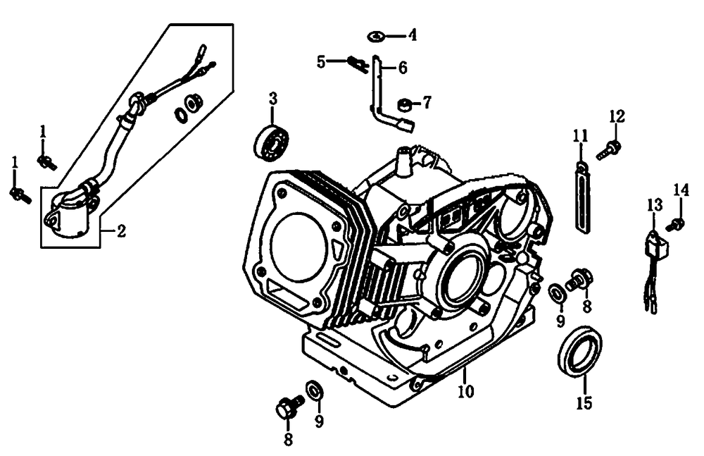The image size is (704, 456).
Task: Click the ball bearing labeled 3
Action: (272, 140)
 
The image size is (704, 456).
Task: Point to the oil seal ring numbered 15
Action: (579, 350)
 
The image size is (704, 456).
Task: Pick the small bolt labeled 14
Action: (678, 224)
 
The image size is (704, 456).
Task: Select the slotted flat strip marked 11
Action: (582, 197)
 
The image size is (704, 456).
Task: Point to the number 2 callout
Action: (121, 231)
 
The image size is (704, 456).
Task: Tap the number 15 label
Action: (584, 403)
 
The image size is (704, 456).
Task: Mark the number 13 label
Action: (655, 205)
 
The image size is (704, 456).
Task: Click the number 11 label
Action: (579, 135)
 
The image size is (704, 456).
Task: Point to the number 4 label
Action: (413, 35)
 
